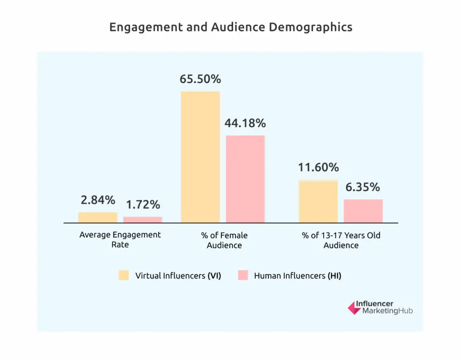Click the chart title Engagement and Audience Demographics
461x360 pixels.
coord(230,27)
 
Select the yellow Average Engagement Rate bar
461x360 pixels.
coord(98,217)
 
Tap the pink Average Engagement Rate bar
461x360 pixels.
coord(143,219)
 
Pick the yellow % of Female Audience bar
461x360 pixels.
coord(200,157)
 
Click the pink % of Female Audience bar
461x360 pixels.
coord(245,179)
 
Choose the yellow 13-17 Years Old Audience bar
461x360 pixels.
coord(318,201)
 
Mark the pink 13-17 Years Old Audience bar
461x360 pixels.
coord(363,211)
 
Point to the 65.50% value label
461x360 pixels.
coord(200,79)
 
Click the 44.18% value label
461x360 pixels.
coord(245,123)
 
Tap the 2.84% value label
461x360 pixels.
coord(98,200)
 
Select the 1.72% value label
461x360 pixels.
coord(143,205)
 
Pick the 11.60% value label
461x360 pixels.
coord(318,168)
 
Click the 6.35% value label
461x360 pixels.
coord(363,187)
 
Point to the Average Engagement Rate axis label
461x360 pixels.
coord(120,240)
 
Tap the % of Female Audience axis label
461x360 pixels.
coord(224,240)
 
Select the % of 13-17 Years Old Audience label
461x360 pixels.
coord(341,240)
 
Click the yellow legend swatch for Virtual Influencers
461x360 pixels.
coord(124,275)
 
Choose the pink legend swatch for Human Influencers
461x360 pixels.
coord(243,275)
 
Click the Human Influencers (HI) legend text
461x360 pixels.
coord(298,276)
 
